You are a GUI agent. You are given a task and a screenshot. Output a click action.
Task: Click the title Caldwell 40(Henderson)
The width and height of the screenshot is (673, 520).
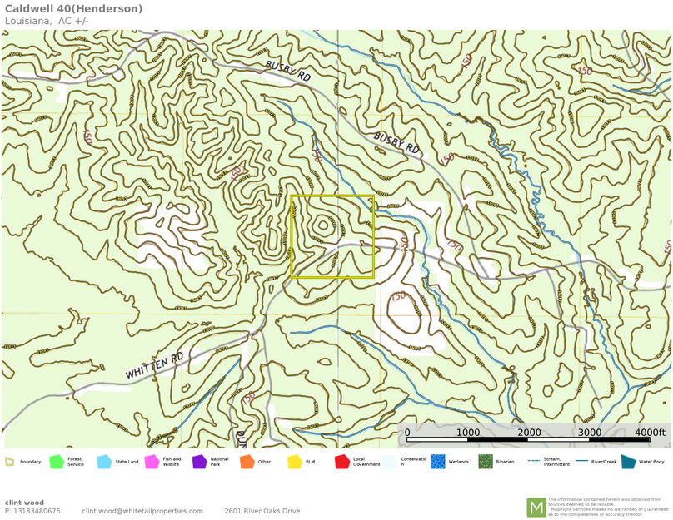pos(73,9)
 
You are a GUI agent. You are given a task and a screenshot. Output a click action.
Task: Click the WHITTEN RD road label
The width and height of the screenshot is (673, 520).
pos(154,366)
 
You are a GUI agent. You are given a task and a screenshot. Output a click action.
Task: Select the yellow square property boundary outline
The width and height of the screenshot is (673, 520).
pos(332,196)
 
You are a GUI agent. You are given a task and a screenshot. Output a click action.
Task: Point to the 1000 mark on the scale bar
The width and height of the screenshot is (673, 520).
pos(468,433)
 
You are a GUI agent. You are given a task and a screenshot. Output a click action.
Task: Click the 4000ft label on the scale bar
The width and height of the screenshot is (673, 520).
pos(650,433)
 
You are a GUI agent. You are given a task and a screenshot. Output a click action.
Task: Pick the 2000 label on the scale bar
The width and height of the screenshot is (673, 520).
pos(529,433)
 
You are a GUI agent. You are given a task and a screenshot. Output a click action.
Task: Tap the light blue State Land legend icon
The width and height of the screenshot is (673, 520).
pos(104,462)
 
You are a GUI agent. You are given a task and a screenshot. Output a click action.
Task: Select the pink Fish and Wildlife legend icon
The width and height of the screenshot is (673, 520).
pos(152,462)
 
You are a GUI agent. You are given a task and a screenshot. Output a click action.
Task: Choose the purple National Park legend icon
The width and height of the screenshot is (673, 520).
pos(199,462)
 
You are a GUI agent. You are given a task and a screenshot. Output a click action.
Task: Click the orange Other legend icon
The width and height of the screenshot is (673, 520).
pos(247,462)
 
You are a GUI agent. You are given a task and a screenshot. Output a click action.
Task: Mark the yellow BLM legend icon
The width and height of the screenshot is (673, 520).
pos(294,462)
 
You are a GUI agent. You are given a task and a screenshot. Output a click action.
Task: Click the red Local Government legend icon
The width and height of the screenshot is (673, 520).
pos(341,462)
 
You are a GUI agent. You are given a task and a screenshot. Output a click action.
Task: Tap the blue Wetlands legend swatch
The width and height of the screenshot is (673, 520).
pos(437,462)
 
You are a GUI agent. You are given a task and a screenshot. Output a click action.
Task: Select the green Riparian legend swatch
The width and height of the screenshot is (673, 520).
pos(485,462)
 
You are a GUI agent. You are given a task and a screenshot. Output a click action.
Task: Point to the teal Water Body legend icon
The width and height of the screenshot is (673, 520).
pos(627,462)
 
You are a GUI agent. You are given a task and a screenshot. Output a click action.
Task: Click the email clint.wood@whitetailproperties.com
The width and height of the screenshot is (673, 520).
pos(142,511)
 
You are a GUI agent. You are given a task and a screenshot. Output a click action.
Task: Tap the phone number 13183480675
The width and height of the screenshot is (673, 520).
pos(37,511)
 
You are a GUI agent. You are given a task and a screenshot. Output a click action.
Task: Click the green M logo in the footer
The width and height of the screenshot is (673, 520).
pos(536,507)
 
